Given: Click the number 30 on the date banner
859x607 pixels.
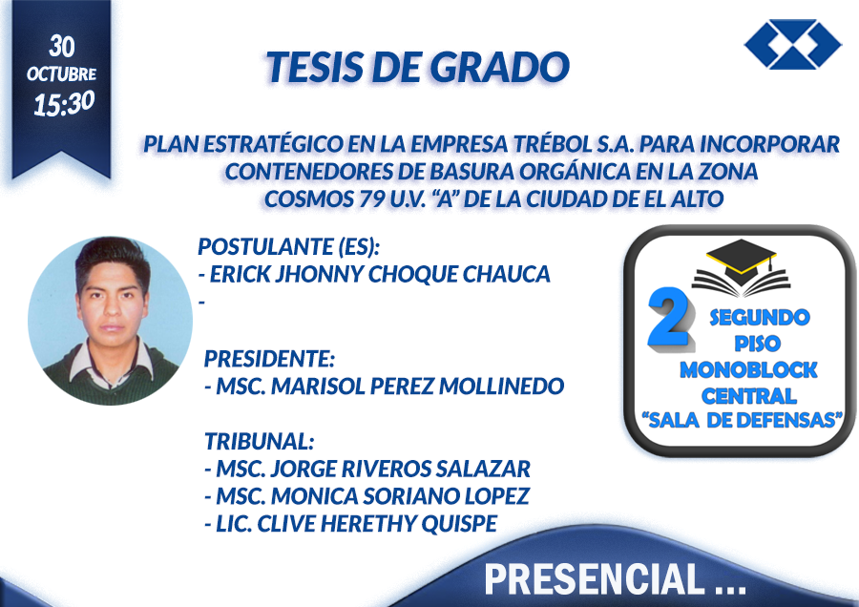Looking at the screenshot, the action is pyautogui.click(x=61, y=47).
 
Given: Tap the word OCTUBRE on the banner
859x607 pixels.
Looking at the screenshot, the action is pyautogui.click(x=61, y=73).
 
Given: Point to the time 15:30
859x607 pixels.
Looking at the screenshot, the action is pyautogui.click(x=64, y=103).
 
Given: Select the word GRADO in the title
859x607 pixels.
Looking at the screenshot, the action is pyautogui.click(x=499, y=67).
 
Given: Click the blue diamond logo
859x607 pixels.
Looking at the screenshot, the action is pyautogui.click(x=793, y=44).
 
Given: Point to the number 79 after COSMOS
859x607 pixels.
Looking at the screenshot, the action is pyautogui.click(x=372, y=199).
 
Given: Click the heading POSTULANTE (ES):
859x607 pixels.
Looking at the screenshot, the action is pyautogui.click(x=288, y=247).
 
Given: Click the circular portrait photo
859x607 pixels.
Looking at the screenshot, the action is pyautogui.click(x=110, y=321).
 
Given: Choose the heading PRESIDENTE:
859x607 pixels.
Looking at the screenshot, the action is pyautogui.click(x=269, y=359).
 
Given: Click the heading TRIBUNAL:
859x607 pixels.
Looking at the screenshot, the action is pyautogui.click(x=259, y=441).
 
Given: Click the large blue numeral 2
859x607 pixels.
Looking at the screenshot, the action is pyautogui.click(x=669, y=318).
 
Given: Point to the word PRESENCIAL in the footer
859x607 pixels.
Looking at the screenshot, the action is pyautogui.click(x=594, y=579).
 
